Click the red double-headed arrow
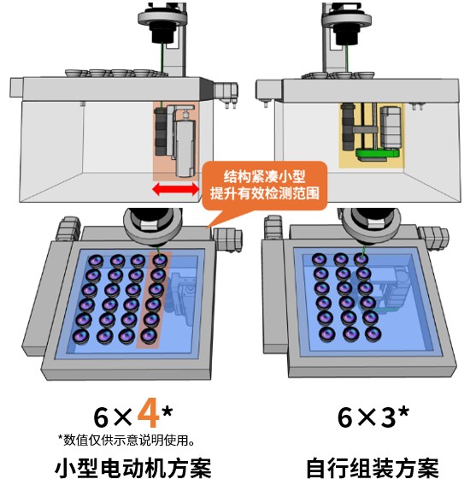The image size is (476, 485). [x=175, y=189]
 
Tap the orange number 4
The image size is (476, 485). [x=149, y=412]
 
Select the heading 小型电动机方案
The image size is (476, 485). [x=133, y=469]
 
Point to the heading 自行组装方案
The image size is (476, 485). [x=373, y=469]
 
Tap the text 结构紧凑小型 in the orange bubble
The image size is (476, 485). [x=265, y=176]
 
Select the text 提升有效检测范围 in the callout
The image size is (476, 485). [x=265, y=193]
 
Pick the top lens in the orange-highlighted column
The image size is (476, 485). [x=160, y=260]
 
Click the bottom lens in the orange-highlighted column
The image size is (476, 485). [x=149, y=335]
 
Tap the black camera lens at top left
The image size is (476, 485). [x=163, y=33]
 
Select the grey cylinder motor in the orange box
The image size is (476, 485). [x=185, y=148]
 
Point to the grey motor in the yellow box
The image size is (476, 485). [x=391, y=127]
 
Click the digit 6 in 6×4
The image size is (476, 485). [x=101, y=417]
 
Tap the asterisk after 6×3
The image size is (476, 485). [x=403, y=412]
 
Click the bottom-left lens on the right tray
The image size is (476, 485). [x=327, y=334]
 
